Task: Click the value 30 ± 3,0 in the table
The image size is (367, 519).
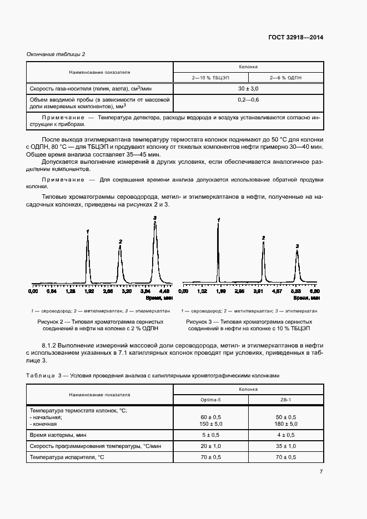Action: (248, 88)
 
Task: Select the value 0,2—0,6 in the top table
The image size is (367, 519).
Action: (248, 99)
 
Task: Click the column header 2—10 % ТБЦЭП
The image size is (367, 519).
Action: (211, 78)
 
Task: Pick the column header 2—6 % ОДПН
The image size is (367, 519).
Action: (286, 78)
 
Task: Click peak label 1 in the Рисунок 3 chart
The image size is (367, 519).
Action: (219, 220)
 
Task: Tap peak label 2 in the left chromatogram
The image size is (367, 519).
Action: (120, 241)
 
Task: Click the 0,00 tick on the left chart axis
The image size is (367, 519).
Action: (33, 290)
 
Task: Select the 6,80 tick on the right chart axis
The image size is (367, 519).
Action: (315, 290)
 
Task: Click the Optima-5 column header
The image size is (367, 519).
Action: (211, 399)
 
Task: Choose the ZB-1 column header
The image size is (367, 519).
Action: (286, 399)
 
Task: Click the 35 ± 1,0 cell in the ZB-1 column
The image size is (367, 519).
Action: (286, 446)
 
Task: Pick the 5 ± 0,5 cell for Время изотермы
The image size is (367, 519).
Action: (211, 435)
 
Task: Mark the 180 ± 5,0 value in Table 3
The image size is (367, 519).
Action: (286, 424)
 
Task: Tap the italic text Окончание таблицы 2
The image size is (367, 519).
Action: (56, 54)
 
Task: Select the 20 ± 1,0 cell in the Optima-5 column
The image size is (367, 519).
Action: (211, 446)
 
